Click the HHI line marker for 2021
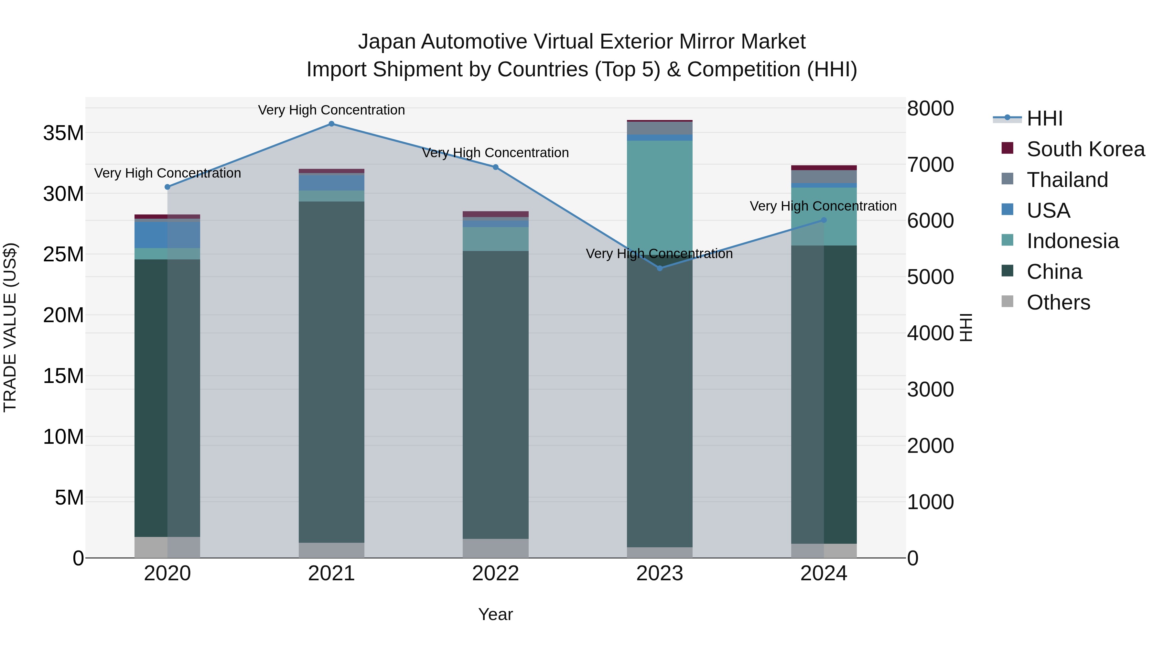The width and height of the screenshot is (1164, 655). [x=331, y=124]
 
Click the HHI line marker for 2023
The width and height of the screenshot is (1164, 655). [x=659, y=268]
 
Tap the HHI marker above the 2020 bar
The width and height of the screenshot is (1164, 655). [x=167, y=187]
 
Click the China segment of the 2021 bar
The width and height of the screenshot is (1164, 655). [x=331, y=371]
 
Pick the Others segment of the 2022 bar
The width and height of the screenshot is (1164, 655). [x=495, y=548]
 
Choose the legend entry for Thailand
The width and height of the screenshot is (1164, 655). [x=1067, y=180]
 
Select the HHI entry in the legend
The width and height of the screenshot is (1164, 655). [x=1044, y=118]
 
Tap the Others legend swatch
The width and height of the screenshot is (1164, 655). [x=1007, y=301]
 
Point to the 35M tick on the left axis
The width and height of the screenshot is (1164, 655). [x=63, y=133]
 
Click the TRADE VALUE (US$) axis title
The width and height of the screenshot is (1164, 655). [x=10, y=327]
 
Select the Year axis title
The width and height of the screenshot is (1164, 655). [x=495, y=614]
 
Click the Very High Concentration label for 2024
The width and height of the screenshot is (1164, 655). [x=823, y=206]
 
